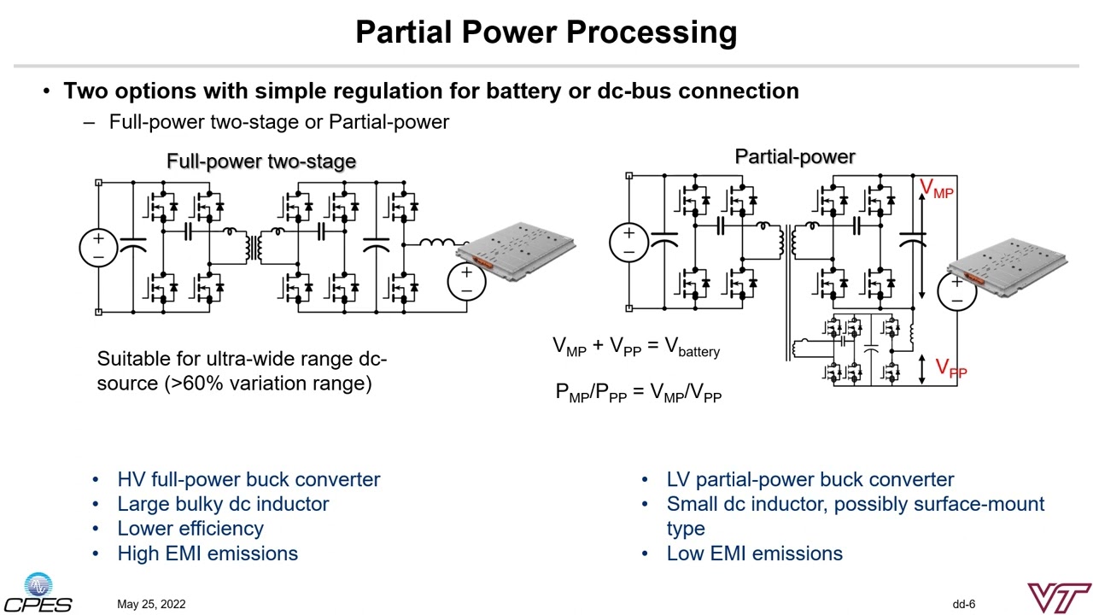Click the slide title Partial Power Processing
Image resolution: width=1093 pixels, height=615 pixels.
click(546, 32)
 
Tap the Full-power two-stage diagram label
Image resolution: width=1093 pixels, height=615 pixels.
click(260, 161)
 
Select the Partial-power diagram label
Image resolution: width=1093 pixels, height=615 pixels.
click(794, 156)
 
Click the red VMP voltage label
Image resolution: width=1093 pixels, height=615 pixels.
click(936, 189)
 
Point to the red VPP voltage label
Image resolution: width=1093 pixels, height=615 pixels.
click(950, 368)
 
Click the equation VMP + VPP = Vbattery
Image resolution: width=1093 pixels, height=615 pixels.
click(636, 347)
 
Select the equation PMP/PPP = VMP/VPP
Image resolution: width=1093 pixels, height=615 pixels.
click(639, 393)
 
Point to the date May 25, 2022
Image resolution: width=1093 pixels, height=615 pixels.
click(151, 605)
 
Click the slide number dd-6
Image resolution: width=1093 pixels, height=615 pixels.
click(964, 605)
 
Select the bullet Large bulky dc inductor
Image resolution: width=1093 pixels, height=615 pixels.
click(223, 504)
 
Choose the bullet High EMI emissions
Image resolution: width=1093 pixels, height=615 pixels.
click(207, 553)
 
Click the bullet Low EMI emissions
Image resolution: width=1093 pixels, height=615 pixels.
click(754, 553)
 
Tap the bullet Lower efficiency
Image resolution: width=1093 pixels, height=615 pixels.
click(190, 529)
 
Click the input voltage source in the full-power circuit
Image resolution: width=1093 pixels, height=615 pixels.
click(98, 247)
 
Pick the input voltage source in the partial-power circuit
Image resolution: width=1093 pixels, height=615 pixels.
click(628, 242)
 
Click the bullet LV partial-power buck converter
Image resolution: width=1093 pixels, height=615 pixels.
click(810, 479)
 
